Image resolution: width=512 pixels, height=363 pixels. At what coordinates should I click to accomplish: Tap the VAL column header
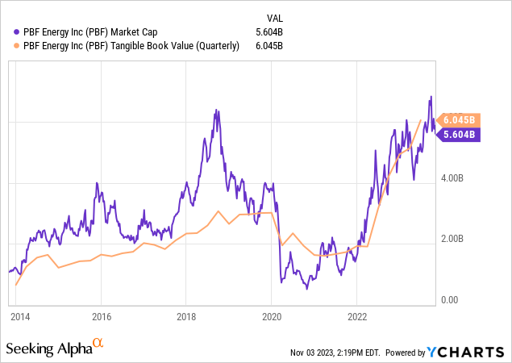click(x=275, y=18)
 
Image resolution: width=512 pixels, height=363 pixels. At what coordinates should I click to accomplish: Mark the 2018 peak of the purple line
click(x=214, y=110)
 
